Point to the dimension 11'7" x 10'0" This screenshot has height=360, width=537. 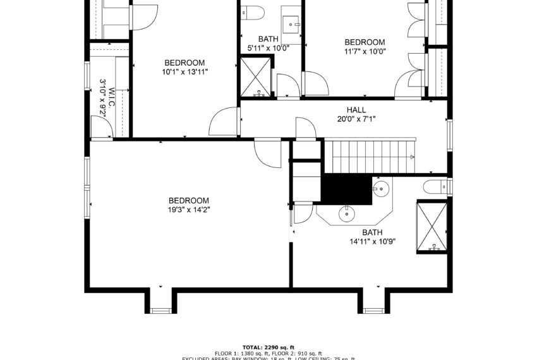pos(365,52)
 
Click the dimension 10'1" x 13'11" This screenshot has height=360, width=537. pos(184,72)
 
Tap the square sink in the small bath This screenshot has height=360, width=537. pos(291,21)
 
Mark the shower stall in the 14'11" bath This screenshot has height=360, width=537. pos(433,226)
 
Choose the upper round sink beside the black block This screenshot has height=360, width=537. pos(382,188)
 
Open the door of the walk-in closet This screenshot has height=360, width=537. pos(102,128)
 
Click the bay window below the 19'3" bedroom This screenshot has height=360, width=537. pos(160,309)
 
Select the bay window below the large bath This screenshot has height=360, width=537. pos(375,309)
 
